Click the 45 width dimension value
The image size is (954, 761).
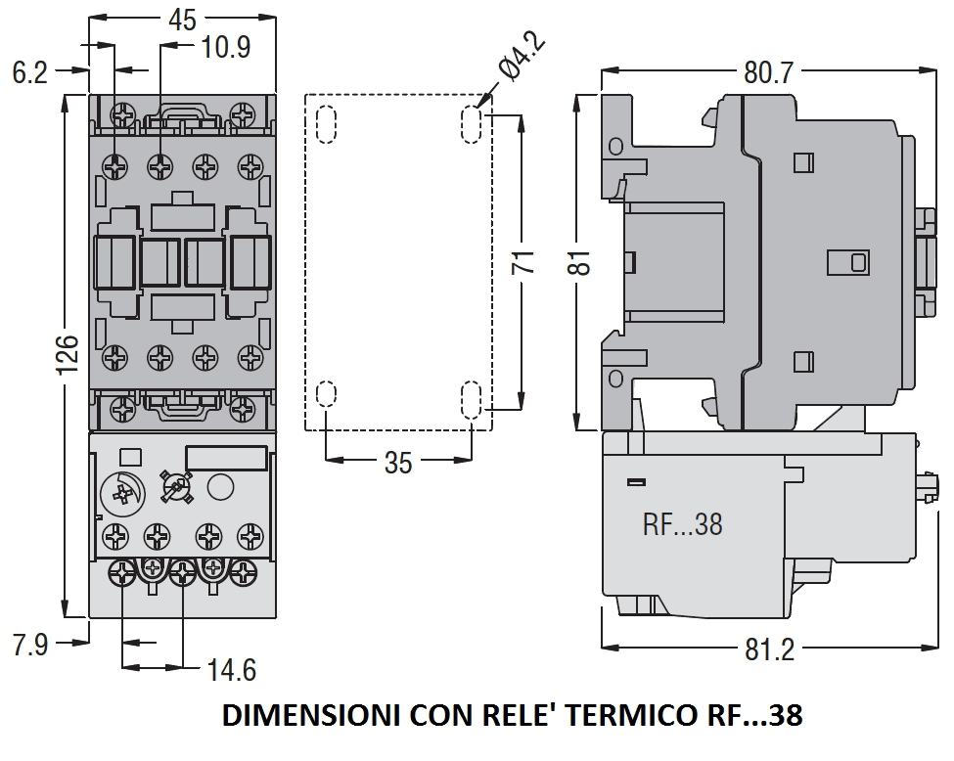[182, 19]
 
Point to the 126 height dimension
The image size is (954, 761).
[65, 354]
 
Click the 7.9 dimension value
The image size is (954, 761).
[29, 645]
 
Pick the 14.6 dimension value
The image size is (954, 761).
[231, 670]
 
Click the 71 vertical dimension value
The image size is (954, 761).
[523, 262]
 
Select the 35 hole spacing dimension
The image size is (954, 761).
[398, 462]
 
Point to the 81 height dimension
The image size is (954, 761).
[582, 262]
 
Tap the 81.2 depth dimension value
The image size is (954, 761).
[769, 649]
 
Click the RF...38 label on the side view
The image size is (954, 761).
[682, 524]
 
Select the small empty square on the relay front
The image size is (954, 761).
[127, 456]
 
